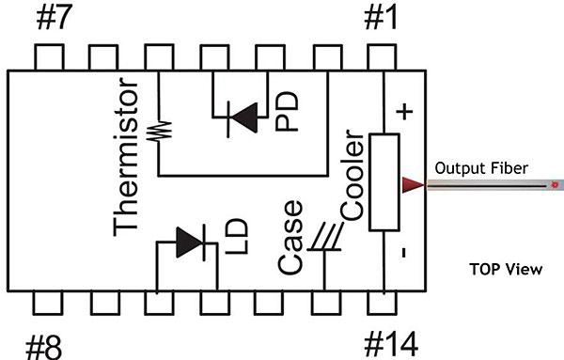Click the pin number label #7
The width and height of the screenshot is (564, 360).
(55, 18)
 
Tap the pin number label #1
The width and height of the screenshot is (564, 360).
(381, 18)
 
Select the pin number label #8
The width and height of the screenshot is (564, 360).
(44, 348)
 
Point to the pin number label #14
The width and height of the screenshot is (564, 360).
(391, 344)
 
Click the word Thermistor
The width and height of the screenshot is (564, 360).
(126, 157)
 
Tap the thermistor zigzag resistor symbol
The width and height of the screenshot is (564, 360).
(160, 131)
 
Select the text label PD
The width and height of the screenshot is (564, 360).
(287, 111)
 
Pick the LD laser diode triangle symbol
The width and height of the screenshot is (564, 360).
(189, 243)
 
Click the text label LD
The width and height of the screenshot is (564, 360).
(237, 236)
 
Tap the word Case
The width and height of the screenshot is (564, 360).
(290, 238)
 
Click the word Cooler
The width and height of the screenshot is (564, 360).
(352, 175)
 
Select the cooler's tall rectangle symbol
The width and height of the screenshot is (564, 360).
(384, 182)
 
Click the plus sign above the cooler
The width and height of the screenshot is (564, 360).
(404, 112)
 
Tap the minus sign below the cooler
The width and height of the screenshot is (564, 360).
(403, 252)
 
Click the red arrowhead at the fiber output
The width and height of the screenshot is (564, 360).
(413, 185)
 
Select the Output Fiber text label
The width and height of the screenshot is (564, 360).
(481, 168)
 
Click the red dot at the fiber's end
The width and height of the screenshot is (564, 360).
(555, 184)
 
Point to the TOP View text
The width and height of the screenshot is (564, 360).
(506, 270)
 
